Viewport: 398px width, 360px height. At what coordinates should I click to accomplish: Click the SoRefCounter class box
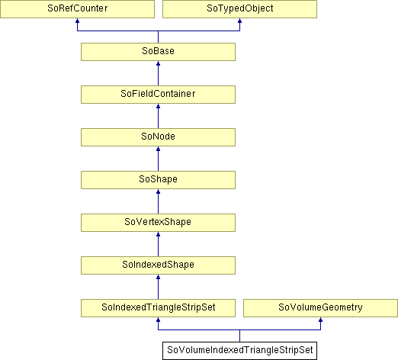coord(77,9)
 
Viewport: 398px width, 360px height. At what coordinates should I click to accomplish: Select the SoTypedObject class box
coord(239,9)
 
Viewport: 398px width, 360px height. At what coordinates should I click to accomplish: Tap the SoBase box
coord(158,52)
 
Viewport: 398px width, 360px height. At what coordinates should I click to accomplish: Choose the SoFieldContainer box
coord(158,95)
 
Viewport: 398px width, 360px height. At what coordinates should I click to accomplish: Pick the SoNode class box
coord(158,137)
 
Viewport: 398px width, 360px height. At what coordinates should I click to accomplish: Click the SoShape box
coord(158,180)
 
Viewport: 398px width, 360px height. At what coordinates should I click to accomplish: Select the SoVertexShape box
coord(158,223)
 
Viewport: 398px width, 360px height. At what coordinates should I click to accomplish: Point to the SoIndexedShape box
coord(158,265)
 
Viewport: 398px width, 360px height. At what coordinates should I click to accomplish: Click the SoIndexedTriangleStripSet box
coord(158,308)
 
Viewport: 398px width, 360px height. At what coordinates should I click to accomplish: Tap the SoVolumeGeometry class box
coord(320,308)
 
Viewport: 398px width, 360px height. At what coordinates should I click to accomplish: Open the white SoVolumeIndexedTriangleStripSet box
coord(239,351)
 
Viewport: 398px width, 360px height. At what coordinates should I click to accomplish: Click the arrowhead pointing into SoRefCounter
coord(77,21)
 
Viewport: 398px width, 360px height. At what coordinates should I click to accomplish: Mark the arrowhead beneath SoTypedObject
coord(239,21)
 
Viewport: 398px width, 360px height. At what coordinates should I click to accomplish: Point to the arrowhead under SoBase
coord(158,63)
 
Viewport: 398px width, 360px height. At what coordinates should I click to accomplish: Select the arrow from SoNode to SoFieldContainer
coord(158,116)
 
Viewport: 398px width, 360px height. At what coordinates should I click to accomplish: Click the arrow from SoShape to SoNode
coord(158,159)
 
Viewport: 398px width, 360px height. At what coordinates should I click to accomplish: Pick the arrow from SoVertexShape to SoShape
coord(158,201)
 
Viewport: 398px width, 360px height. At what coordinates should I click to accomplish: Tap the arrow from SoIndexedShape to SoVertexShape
coord(158,244)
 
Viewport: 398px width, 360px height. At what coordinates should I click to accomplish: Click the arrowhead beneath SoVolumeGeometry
coord(320,320)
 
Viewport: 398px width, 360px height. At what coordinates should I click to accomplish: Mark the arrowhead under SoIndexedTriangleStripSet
coord(158,320)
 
